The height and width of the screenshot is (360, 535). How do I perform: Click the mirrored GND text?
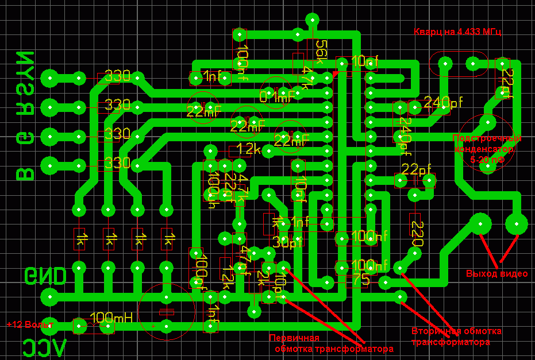click(x=45, y=276)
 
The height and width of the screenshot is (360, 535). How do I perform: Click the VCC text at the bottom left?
click(x=44, y=347)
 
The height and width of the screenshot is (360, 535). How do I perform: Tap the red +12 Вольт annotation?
click(x=30, y=324)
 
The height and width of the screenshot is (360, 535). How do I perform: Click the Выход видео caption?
click(x=496, y=274)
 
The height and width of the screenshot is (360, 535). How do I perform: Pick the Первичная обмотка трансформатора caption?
click(x=334, y=343)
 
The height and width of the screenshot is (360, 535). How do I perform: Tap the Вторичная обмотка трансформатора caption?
click(x=456, y=336)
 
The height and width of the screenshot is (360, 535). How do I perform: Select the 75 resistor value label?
click(x=361, y=279)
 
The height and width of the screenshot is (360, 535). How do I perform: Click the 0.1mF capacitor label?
click(x=276, y=98)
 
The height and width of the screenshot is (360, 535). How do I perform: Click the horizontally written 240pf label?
click(x=443, y=103)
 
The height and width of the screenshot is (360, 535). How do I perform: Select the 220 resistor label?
click(x=417, y=234)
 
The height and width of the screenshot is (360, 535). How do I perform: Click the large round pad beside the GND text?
click(x=50, y=297)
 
